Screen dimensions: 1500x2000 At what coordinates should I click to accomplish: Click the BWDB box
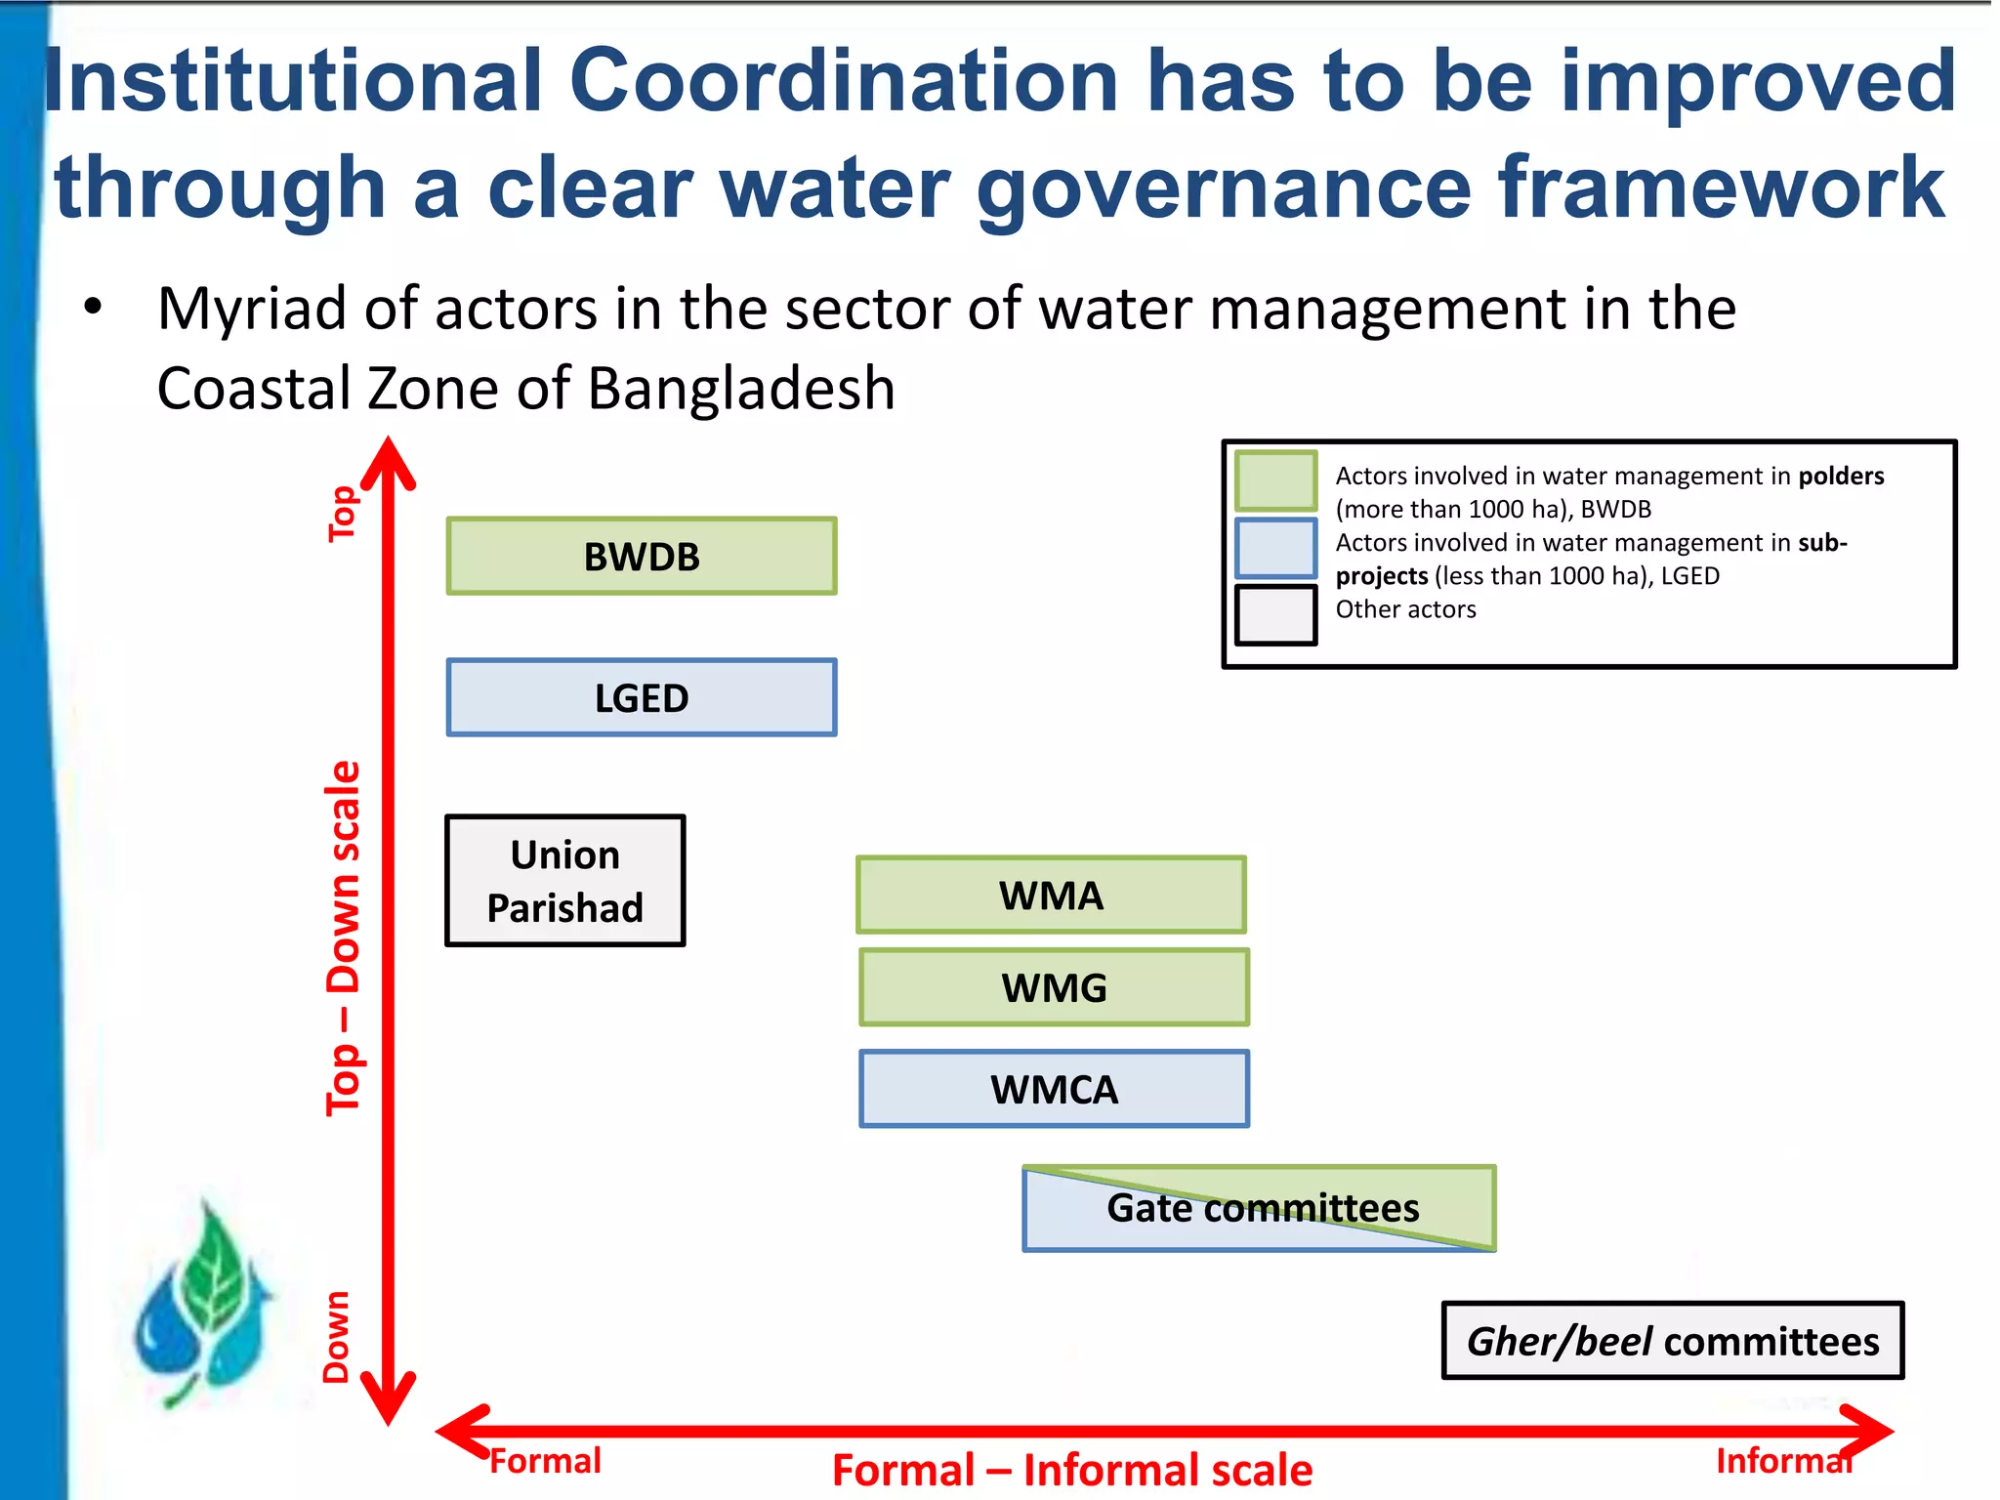[642, 557]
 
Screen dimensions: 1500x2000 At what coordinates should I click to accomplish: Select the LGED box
[642, 698]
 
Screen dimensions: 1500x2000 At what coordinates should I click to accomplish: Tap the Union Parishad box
[565, 881]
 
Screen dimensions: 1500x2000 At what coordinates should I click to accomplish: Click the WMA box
[1051, 896]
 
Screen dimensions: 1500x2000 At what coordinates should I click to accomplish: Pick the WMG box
[1054, 988]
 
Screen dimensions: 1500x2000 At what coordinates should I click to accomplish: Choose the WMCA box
[1054, 1090]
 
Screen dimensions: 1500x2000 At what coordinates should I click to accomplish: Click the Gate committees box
[1260, 1209]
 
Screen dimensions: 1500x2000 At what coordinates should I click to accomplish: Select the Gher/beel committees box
[1673, 1342]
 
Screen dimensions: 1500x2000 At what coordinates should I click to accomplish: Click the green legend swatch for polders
[1275, 480]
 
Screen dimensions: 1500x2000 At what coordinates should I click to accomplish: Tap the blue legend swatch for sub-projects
[1275, 549]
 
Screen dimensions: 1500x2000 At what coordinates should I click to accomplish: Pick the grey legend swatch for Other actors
[1275, 615]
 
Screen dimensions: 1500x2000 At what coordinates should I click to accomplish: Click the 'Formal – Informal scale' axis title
[1072, 1471]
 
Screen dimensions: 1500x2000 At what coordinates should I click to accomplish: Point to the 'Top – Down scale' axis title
[344, 937]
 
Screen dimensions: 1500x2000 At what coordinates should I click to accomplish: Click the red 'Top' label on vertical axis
[342, 514]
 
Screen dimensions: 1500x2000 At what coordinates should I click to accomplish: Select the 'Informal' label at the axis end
[1783, 1461]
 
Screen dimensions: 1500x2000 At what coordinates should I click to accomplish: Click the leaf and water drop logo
[203, 1304]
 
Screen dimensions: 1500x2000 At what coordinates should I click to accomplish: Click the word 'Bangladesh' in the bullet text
[741, 389]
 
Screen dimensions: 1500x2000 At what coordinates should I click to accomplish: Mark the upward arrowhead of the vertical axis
[389, 461]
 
